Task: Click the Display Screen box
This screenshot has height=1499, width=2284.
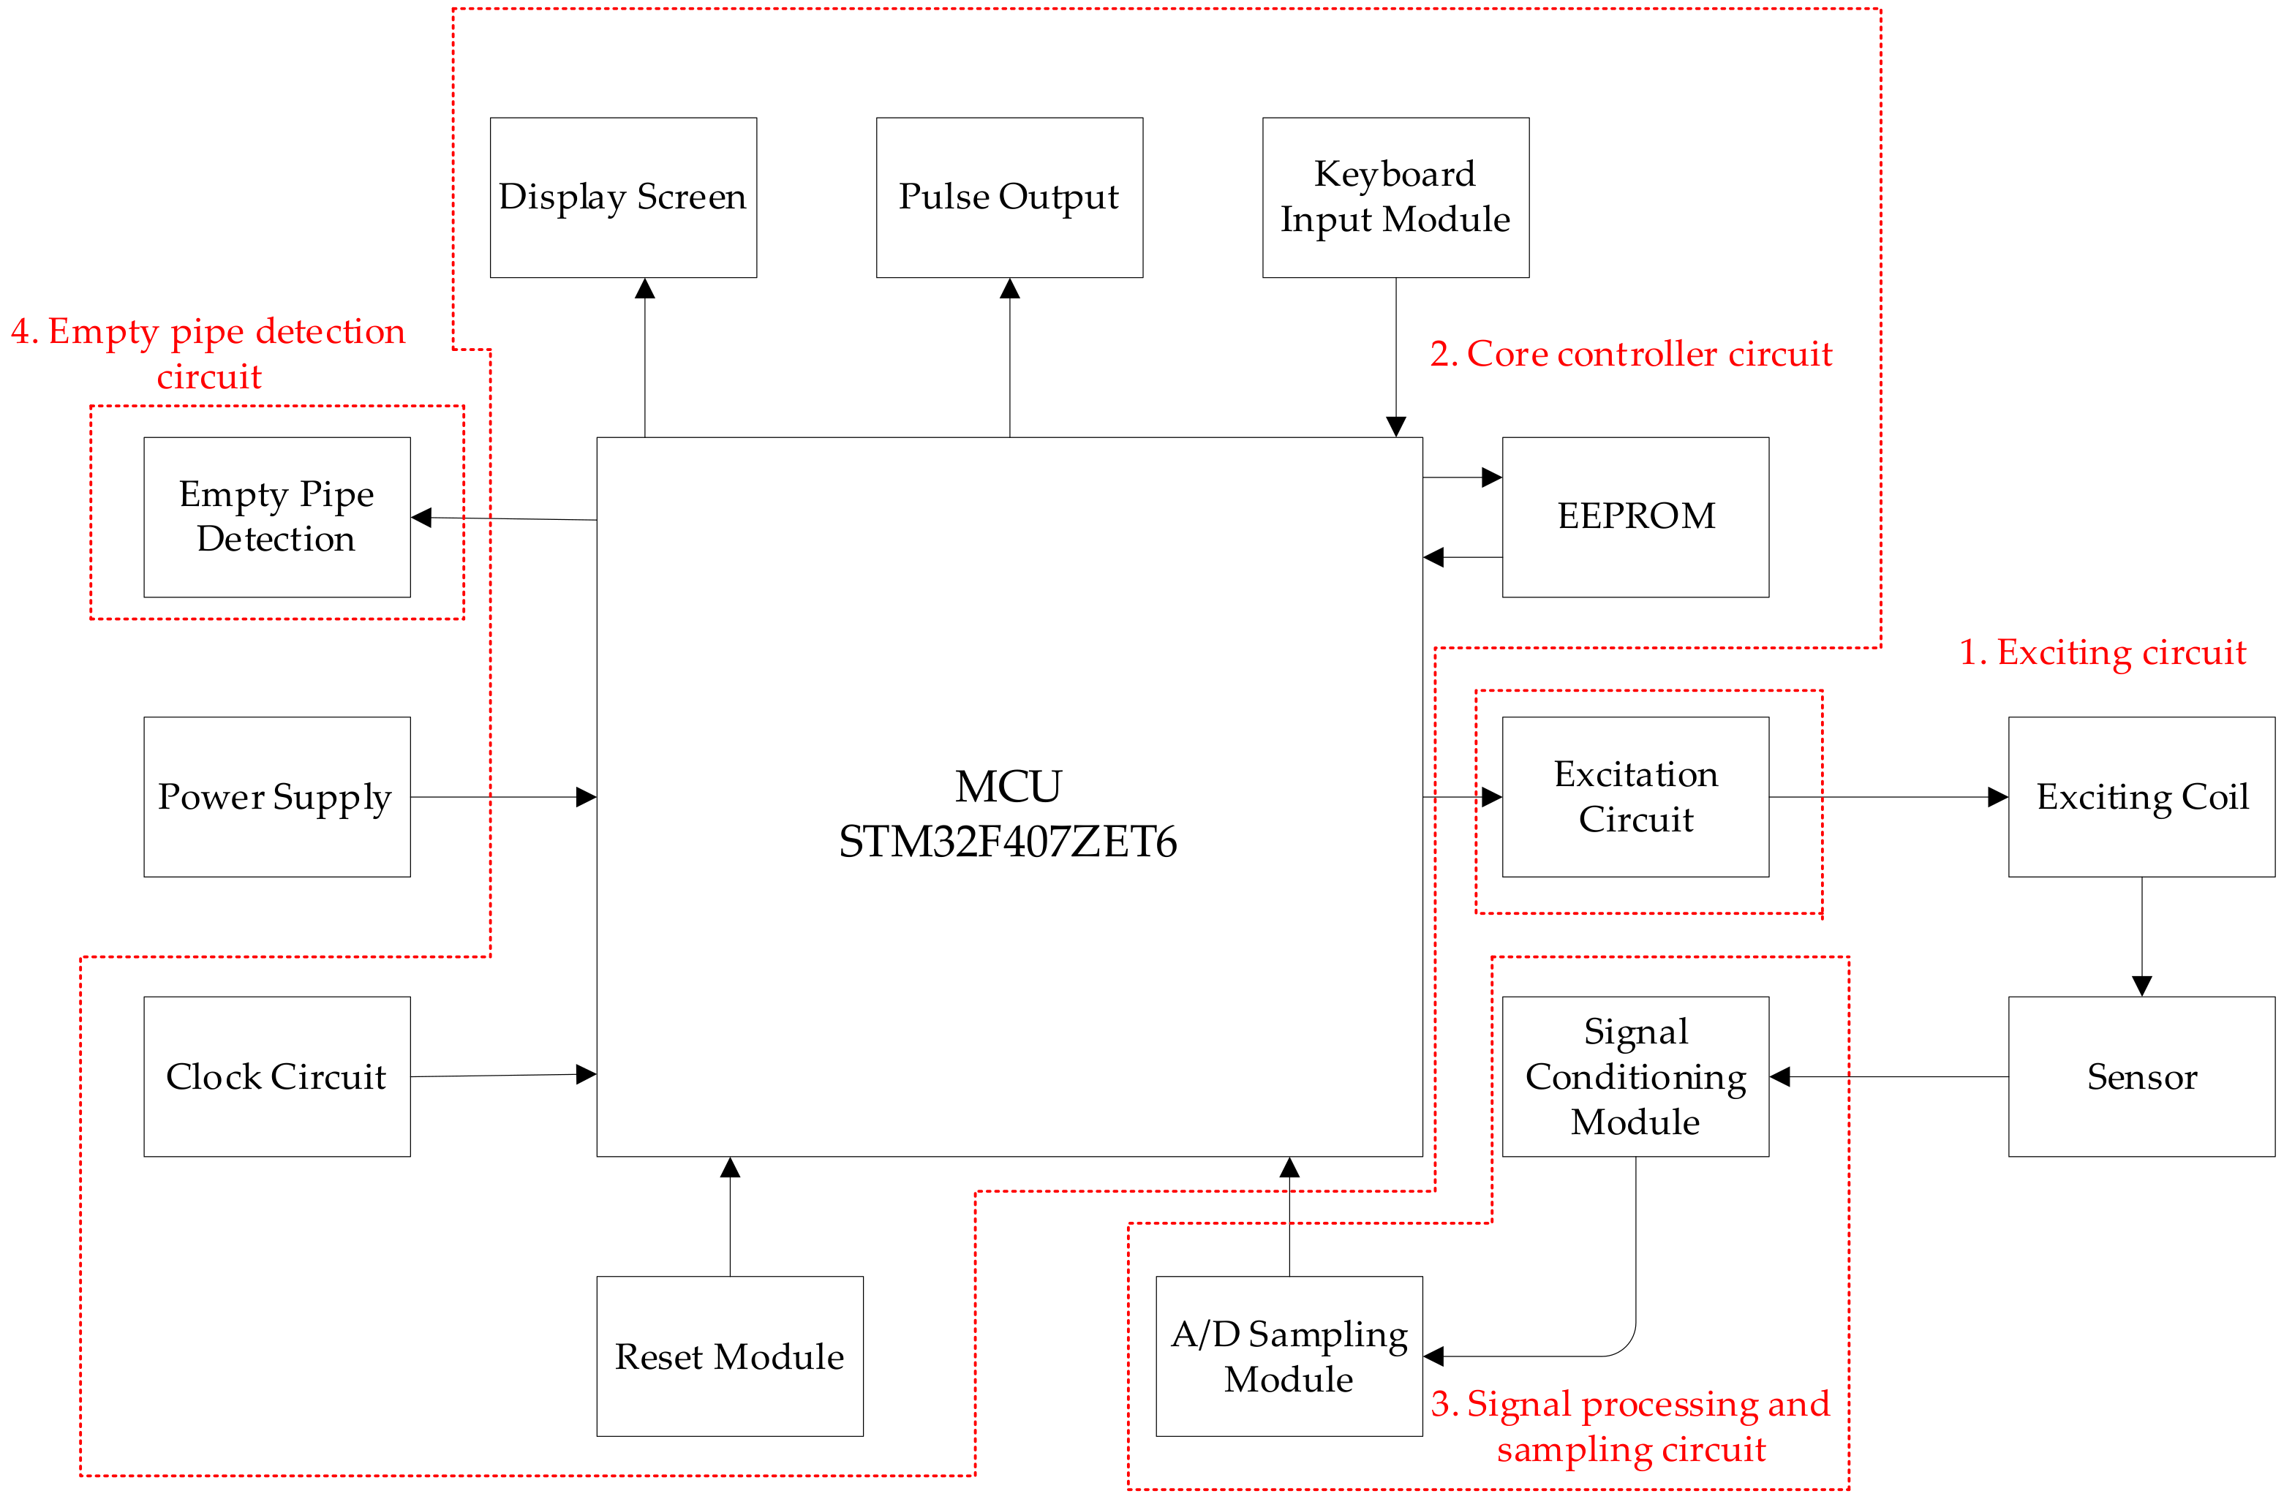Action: pyautogui.click(x=623, y=197)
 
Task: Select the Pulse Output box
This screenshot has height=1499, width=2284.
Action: pyautogui.click(x=1009, y=197)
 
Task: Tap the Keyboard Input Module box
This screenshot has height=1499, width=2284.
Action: pyautogui.click(x=1395, y=197)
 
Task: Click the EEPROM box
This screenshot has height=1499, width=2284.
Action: pyautogui.click(x=1635, y=516)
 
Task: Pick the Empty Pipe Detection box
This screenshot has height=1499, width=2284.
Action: pyautogui.click(x=276, y=516)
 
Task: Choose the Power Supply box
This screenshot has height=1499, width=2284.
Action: pyautogui.click(x=276, y=796)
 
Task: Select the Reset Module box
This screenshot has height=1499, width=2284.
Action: pyautogui.click(x=729, y=1355)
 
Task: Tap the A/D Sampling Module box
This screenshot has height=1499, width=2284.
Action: pyautogui.click(x=1288, y=1355)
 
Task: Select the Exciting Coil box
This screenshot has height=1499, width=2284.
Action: pyautogui.click(x=2141, y=796)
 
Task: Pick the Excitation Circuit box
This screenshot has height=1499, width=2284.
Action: pyautogui.click(x=1635, y=796)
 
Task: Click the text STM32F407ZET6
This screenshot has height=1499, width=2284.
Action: pyautogui.click(x=1008, y=842)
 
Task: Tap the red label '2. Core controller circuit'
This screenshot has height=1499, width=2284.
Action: pyautogui.click(x=1630, y=354)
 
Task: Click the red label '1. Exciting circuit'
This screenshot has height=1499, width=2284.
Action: pyautogui.click(x=2102, y=652)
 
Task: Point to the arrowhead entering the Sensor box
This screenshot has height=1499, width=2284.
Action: pyautogui.click(x=2141, y=986)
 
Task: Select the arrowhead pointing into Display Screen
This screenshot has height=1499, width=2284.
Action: pyautogui.click(x=645, y=289)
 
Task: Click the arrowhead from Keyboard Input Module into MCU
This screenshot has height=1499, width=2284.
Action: pyautogui.click(x=1395, y=426)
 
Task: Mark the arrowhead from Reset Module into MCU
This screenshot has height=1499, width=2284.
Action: pyautogui.click(x=729, y=1168)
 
